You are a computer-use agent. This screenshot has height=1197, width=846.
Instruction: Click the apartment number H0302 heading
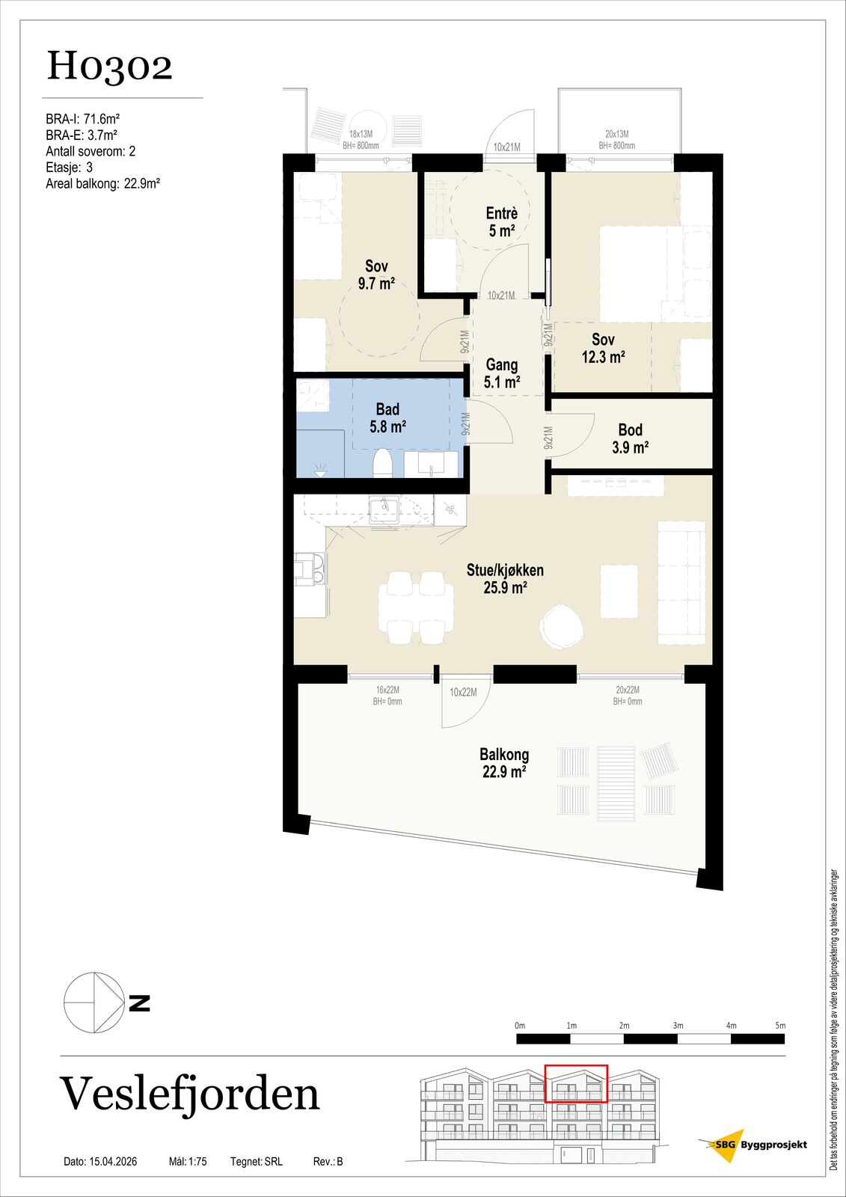[109, 67]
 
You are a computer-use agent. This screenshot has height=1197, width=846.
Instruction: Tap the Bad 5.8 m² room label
[387, 418]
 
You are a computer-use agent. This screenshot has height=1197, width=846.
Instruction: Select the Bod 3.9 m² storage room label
[631, 438]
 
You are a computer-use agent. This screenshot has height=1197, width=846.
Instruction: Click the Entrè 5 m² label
[502, 221]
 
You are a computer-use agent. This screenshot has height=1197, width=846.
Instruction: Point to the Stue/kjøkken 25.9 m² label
[505, 579]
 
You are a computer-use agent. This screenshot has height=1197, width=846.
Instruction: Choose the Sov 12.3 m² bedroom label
[604, 348]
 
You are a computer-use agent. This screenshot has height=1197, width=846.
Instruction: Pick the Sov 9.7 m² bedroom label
[377, 275]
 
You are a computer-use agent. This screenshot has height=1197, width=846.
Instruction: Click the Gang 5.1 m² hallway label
[502, 373]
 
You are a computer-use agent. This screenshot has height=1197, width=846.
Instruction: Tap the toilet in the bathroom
[383, 462]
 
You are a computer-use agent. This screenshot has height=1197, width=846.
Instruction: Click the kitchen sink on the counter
[384, 509]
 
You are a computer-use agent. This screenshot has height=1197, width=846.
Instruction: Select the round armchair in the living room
[561, 626]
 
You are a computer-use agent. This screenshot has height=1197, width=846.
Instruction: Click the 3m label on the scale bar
[678, 1026]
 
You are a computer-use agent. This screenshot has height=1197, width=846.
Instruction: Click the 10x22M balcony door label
[463, 692]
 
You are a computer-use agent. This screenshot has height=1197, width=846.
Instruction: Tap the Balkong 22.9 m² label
[504, 763]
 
